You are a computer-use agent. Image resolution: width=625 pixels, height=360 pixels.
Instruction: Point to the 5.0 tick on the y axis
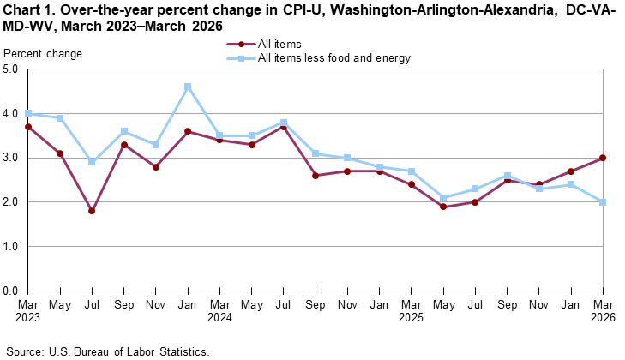(x=12, y=69)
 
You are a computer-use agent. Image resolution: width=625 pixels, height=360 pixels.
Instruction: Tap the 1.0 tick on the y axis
(x=12, y=247)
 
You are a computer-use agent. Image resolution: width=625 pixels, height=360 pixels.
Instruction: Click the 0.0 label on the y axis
(x=12, y=291)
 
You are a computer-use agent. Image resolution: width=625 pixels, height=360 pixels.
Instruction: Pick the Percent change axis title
(x=43, y=54)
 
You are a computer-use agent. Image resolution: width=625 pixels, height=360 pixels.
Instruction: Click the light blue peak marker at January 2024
(x=188, y=87)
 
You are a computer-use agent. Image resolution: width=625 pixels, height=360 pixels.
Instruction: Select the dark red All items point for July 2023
(x=92, y=211)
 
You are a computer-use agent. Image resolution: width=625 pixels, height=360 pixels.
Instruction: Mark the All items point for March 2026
(x=603, y=158)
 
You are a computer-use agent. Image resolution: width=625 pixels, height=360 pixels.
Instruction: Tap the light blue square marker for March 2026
(x=603, y=202)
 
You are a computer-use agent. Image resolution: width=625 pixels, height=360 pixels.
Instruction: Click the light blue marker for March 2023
(x=27, y=113)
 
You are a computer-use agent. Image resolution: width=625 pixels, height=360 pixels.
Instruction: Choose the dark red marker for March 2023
(x=27, y=127)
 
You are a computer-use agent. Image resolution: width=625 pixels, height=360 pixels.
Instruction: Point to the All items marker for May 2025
(x=443, y=207)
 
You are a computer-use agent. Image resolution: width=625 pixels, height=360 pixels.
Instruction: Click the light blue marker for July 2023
(x=92, y=162)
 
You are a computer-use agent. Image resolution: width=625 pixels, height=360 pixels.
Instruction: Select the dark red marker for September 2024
(x=316, y=176)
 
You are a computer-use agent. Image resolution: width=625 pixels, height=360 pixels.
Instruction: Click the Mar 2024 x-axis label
(x=219, y=310)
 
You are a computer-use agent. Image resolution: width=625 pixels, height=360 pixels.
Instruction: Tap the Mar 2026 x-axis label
(x=603, y=310)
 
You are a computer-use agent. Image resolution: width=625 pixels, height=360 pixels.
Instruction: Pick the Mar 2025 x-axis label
(x=412, y=310)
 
